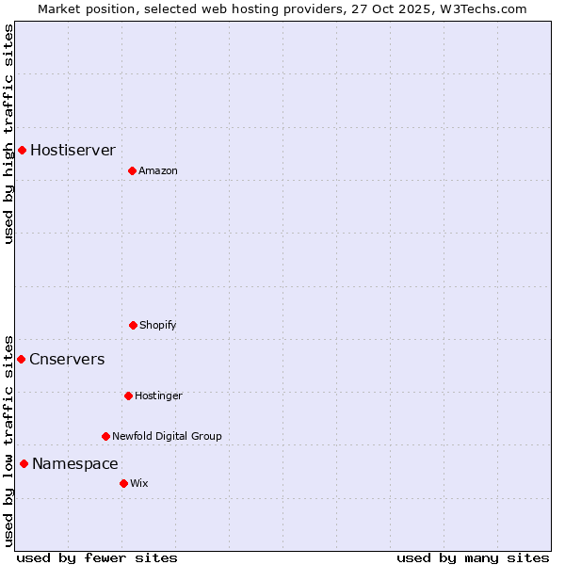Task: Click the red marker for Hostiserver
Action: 22,150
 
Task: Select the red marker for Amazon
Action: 132,170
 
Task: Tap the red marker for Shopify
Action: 133,325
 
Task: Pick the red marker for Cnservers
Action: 21,359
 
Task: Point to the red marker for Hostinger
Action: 128,395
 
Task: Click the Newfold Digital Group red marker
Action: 105,436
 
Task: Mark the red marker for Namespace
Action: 24,463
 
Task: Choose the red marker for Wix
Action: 123,483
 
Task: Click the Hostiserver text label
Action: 73,150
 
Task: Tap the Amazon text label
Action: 158,170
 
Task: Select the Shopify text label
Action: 158,325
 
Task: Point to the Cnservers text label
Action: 67,359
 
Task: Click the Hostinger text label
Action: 158,395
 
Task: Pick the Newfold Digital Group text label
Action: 167,436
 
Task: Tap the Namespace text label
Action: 74,463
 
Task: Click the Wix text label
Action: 139,483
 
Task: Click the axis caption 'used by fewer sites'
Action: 97,557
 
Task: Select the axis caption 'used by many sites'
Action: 473,557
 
